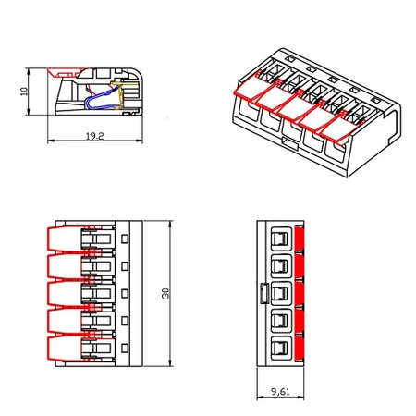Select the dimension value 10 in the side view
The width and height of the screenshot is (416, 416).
[x=24, y=92]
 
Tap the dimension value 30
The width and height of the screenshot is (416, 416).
[x=166, y=292]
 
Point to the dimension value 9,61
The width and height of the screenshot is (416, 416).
[x=281, y=392]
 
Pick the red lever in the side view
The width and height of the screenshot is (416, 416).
[x=66, y=73]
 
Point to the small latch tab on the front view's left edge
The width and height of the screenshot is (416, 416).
[x=263, y=294]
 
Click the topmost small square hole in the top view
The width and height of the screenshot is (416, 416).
[x=125, y=239]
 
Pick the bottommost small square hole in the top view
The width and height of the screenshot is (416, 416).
[x=125, y=349]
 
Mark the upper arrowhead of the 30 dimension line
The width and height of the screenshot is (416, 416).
[x=173, y=225]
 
